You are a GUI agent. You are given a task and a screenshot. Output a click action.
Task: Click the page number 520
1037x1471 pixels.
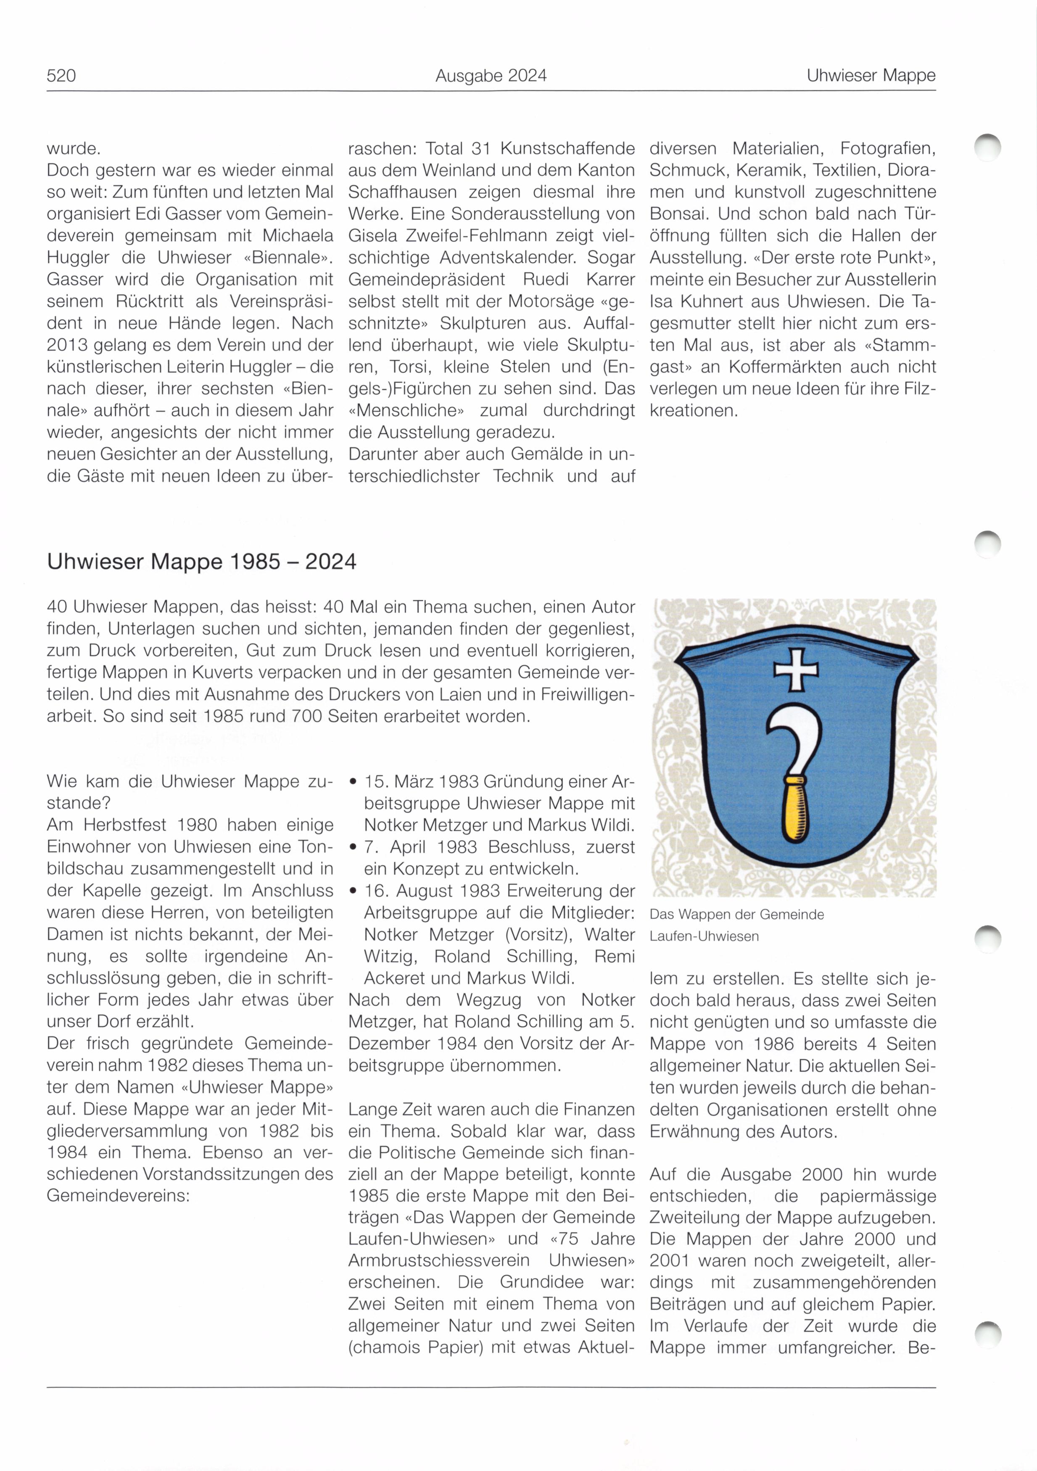click(61, 76)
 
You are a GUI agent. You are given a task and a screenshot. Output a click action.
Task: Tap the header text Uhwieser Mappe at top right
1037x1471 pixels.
click(871, 76)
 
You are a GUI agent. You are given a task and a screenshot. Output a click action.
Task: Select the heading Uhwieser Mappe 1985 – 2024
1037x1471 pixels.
click(201, 562)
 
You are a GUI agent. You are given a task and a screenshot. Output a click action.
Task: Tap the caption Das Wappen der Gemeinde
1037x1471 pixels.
click(736, 914)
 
